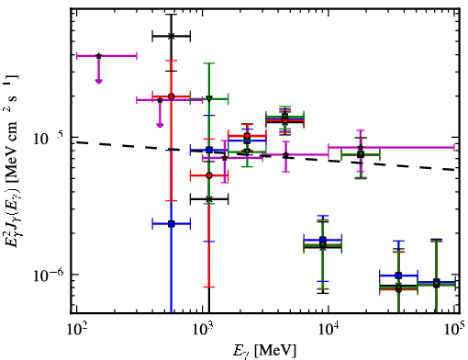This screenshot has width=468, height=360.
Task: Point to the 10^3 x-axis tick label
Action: (x=203, y=330)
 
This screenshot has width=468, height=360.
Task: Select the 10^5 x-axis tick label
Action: (x=456, y=330)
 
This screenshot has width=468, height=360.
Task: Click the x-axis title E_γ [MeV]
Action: (x=264, y=351)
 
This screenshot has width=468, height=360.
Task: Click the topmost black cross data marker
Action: (x=172, y=36)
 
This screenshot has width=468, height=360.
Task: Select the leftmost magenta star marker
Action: (x=98, y=56)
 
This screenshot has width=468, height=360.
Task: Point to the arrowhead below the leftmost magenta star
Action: (x=98, y=81)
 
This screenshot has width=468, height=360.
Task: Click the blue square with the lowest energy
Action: (x=172, y=224)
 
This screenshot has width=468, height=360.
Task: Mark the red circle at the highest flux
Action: (x=172, y=96)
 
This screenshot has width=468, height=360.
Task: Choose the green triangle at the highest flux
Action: (x=209, y=98)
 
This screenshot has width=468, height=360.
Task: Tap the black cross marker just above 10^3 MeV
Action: (x=209, y=199)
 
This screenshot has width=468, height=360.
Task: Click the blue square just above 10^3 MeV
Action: (x=209, y=150)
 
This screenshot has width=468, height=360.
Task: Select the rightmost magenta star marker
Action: (x=361, y=148)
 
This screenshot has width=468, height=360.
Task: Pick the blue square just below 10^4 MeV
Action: (x=323, y=240)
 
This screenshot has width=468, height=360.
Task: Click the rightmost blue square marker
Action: (x=437, y=282)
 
